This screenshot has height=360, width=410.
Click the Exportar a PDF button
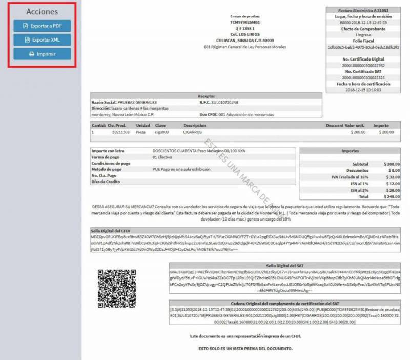click(42, 26)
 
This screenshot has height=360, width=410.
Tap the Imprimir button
click(42, 54)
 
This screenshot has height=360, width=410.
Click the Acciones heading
click(42, 11)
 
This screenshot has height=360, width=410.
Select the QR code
click(117, 288)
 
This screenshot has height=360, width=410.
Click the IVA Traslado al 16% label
click(350, 177)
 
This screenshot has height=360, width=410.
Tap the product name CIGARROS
click(192, 132)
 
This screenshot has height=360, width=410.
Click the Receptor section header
click(206, 96)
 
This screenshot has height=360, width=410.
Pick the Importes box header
click(350, 151)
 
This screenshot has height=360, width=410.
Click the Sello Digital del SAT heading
click(285, 266)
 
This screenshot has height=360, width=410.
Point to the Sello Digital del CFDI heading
click(111, 231)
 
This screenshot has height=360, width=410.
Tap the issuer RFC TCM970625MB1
click(245, 23)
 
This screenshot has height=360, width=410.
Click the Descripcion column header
click(195, 125)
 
